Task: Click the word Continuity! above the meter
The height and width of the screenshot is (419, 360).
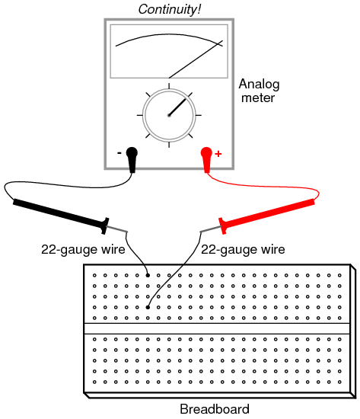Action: (169, 9)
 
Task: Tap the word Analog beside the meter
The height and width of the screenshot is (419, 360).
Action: (259, 85)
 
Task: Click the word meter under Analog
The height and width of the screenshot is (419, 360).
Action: (258, 98)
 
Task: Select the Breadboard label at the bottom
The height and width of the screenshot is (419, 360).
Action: (215, 409)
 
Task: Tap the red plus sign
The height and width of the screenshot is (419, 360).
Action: (218, 154)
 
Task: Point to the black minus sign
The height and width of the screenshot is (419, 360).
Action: (119, 153)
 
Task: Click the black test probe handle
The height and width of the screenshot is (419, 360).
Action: (61, 216)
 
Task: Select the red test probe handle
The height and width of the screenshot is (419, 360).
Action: (266, 216)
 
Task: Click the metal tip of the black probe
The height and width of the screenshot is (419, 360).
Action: (117, 229)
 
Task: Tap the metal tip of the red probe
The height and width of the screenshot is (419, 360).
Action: (211, 229)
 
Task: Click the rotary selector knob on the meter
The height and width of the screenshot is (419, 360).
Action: (169, 115)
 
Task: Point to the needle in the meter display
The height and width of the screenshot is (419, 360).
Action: (196, 59)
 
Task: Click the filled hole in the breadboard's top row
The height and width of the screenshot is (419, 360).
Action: (148, 275)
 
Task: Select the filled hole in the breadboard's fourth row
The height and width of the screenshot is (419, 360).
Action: (148, 307)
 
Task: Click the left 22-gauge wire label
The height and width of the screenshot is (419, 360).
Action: (83, 250)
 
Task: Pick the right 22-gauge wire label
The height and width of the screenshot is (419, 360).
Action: (243, 250)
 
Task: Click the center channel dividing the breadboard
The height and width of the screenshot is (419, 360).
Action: (217, 328)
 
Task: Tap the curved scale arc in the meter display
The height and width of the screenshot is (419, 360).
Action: (169, 34)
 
